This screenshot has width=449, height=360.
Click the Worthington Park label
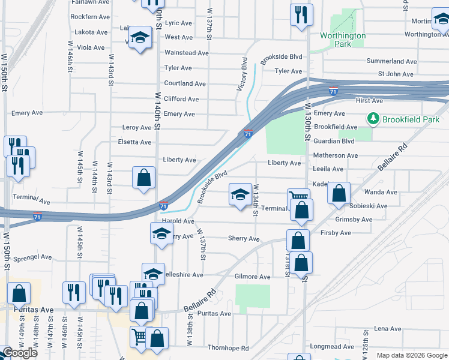pyautogui.click(x=343, y=40)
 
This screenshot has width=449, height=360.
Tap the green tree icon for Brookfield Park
pyautogui.click(x=375, y=118)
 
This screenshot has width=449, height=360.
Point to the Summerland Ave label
pyautogui.click(x=391, y=62)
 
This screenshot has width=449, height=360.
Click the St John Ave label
pyautogui.click(x=395, y=74)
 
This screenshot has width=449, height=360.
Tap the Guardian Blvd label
pyautogui.click(x=334, y=141)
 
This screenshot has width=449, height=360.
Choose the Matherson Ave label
pyautogui.click(x=336, y=155)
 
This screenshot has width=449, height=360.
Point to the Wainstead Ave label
pyautogui.click(x=186, y=53)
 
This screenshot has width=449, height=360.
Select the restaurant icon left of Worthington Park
pyautogui.click(x=300, y=14)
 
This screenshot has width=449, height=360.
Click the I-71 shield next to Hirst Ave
pyautogui.click(x=333, y=92)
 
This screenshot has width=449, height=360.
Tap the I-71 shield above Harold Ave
pyautogui.click(x=163, y=206)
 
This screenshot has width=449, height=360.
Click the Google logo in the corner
pyautogui.click(x=20, y=353)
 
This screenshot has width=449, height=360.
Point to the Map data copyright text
pyautogui.click(x=412, y=355)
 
